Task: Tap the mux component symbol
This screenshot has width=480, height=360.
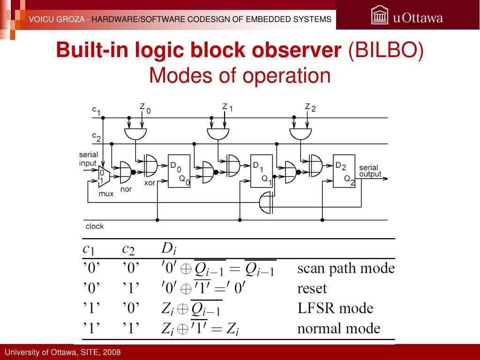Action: coord(104,176)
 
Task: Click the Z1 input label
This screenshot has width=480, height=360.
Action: coord(227,108)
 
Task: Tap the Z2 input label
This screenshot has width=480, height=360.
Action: coord(310,108)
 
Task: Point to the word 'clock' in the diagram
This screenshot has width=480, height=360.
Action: coord(94,226)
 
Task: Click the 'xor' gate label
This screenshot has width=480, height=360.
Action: coord(150,183)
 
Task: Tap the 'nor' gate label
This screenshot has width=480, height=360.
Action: coord(126,189)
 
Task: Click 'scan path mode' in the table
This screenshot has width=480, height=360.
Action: coord(346,269)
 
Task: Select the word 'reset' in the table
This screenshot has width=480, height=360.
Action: coord(312,288)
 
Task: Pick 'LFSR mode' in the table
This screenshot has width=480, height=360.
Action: coord(335,308)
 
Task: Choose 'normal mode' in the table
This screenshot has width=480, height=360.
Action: coord(338,329)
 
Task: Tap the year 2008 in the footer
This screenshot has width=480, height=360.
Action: coord(112,352)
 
